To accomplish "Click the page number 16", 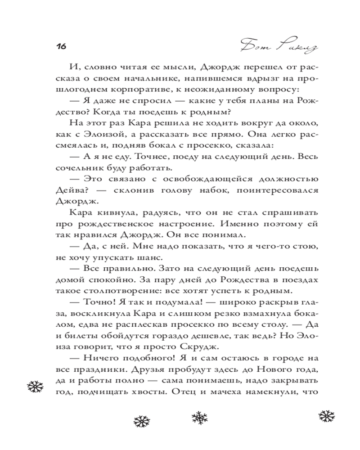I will tap(61, 46).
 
